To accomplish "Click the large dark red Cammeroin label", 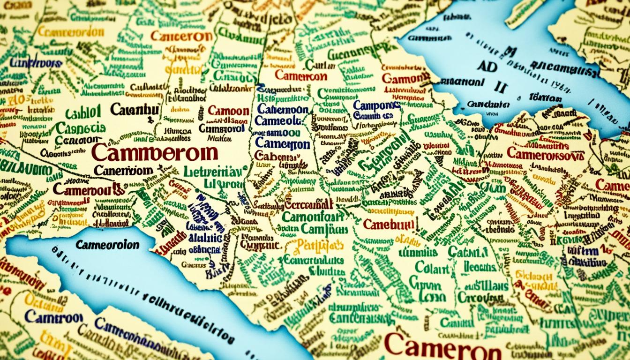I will coord(155,153).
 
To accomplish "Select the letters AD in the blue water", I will coord(488,66).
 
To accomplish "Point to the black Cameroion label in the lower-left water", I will coord(107,245).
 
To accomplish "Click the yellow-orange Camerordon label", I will coord(70,32).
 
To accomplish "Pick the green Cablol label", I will coord(83,113).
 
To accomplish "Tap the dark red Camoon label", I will coord(228,111).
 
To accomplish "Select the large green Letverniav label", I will coord(212,172).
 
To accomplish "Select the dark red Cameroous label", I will coord(89,188).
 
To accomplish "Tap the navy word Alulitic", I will coord(204,238).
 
